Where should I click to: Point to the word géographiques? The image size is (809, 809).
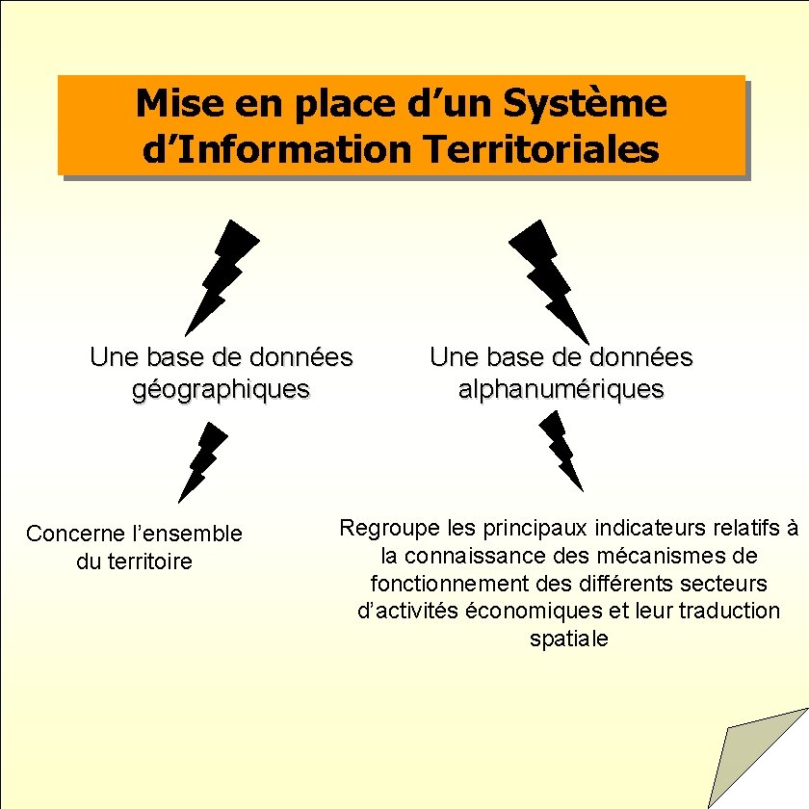[x=222, y=389]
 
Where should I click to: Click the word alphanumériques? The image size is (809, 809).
[x=561, y=389]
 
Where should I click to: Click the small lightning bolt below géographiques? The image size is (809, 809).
[x=203, y=461]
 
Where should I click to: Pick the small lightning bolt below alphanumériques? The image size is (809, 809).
[x=561, y=449]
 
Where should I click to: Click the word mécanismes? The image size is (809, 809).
[x=652, y=556]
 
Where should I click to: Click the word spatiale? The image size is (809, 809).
[x=569, y=639]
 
